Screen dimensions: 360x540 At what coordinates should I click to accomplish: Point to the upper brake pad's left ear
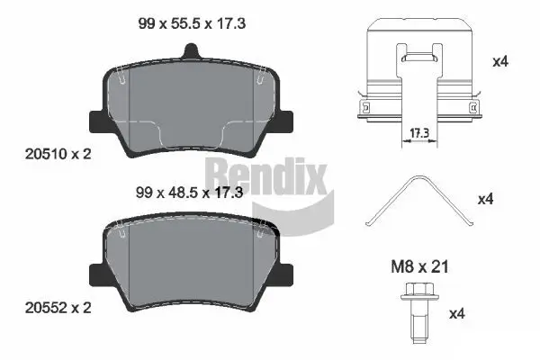[95, 119]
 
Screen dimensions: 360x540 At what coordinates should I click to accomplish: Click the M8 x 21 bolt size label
[418, 267]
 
